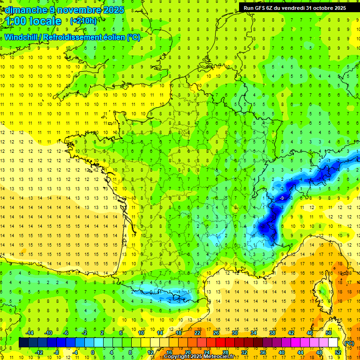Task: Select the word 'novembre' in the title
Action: [x=72, y=10]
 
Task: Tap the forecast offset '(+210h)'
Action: [x=83, y=21]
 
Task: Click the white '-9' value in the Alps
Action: [x=282, y=198]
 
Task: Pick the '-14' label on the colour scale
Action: [x=30, y=333]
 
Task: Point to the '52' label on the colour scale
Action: [x=338, y=352]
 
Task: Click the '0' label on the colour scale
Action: [x=92, y=352]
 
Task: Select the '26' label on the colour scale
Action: [x=216, y=333]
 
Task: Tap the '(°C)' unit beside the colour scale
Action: [x=349, y=343]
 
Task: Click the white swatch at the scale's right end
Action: [x=333, y=343]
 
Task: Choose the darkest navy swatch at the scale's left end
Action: [x=23, y=343]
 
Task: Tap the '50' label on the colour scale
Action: [x=328, y=333]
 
